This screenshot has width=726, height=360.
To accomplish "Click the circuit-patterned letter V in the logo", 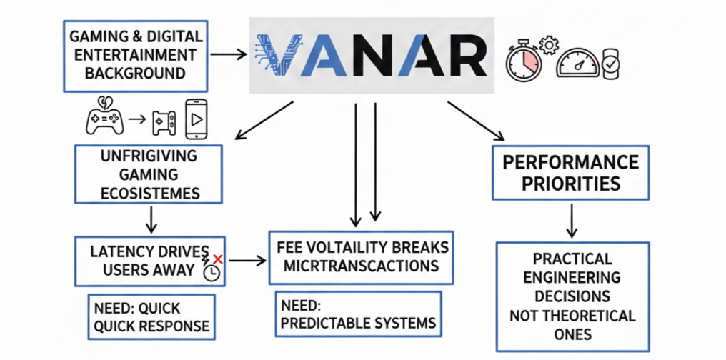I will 275,55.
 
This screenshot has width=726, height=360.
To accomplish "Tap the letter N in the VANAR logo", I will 376,56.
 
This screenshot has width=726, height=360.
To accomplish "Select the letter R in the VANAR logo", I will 462,56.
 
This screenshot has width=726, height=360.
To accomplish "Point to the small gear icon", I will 549,46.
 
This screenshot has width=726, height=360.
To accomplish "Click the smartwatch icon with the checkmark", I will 610,64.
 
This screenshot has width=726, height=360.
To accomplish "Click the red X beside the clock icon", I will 218,259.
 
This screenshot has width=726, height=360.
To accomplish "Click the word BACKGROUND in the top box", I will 135,73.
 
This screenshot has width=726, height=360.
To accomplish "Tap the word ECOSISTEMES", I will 149,193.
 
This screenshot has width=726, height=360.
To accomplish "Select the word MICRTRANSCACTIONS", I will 357,266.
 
